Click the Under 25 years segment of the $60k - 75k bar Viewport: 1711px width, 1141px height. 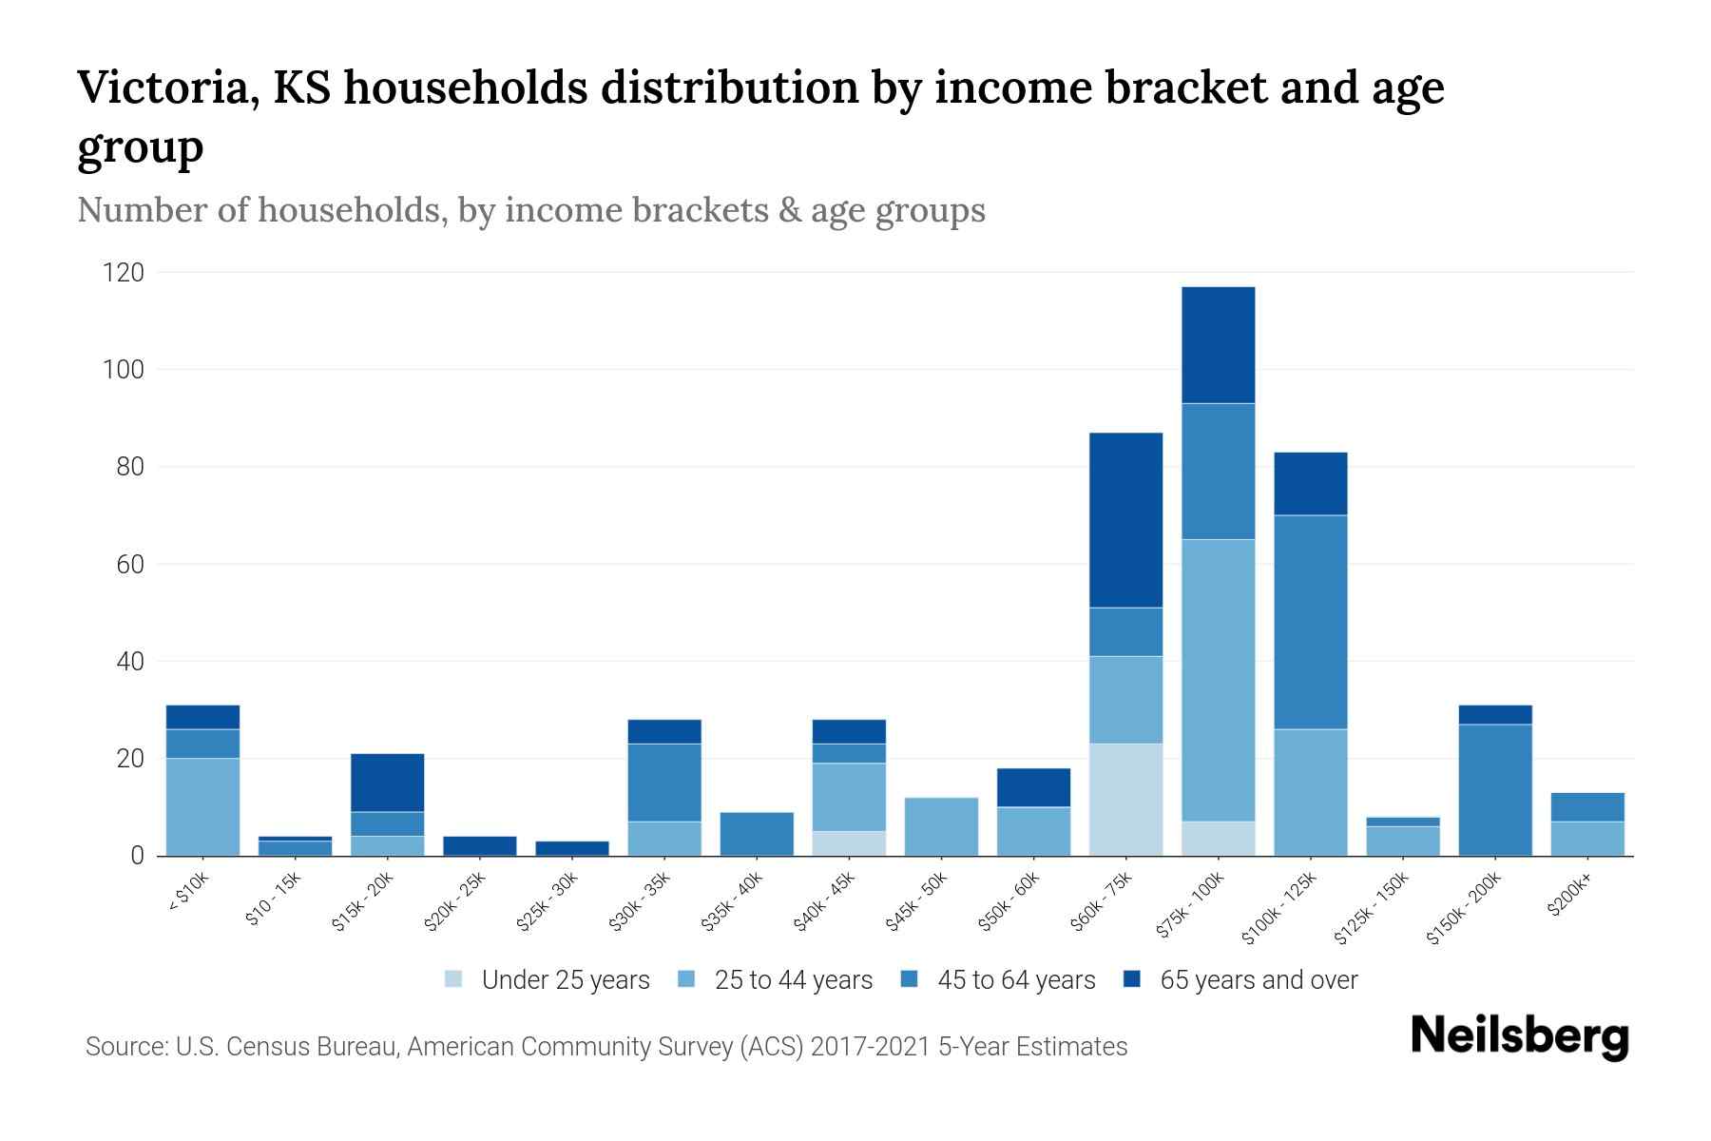pos(1125,799)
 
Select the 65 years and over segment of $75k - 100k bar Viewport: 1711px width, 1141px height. pos(1218,345)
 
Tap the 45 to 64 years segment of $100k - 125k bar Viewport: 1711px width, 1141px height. pos(1310,622)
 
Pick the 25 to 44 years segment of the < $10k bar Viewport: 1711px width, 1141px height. pos(202,806)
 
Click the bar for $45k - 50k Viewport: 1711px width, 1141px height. pos(941,826)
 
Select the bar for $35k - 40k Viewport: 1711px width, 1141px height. pos(757,834)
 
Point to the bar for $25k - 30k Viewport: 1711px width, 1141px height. pos(572,848)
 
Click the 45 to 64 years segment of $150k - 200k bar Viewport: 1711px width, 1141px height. pos(1494,789)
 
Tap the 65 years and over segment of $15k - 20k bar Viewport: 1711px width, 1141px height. pos(387,783)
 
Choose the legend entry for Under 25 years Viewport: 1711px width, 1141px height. pos(548,980)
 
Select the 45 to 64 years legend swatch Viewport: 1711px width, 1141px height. pos(910,979)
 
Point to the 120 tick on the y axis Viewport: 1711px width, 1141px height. pos(124,273)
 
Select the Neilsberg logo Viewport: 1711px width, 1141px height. pos(1519,1036)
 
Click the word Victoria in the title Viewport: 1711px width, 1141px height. pos(165,88)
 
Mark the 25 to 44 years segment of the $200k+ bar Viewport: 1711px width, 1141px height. pos(1587,839)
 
